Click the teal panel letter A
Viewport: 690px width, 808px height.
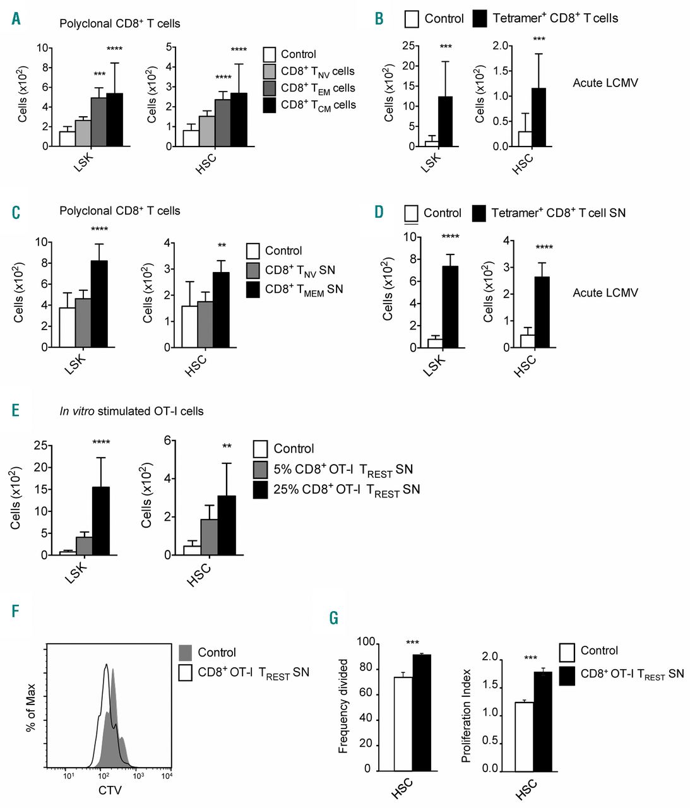16,19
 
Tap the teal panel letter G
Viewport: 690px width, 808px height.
334,617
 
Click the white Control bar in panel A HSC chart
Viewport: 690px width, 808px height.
191,138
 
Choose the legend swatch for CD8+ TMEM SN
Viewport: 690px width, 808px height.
253,289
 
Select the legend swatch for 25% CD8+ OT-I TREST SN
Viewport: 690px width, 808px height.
260,490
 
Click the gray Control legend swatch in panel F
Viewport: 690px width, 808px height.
186,653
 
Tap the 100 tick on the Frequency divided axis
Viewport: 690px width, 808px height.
366,643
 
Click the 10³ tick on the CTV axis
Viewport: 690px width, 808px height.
138,776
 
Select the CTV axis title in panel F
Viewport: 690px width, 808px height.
110,790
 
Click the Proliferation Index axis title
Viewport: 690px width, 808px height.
467,715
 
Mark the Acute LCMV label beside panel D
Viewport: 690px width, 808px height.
605,293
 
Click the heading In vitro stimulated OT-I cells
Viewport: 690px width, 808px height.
131,412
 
